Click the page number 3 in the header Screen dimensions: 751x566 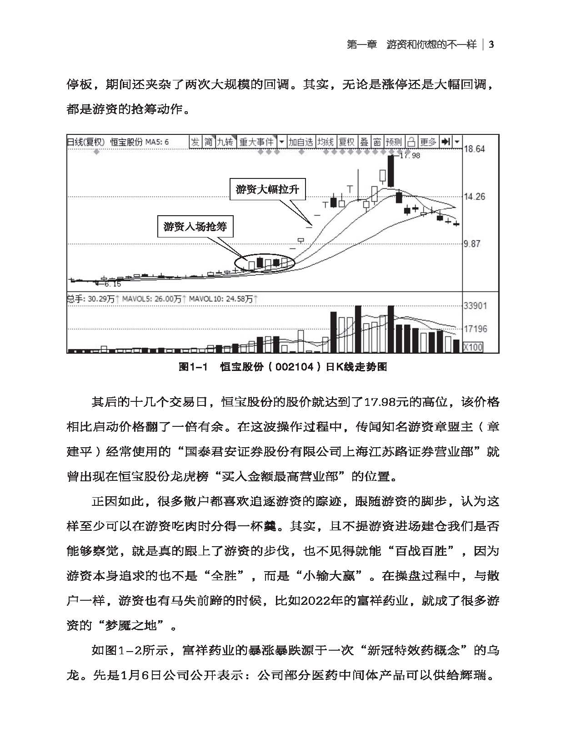(491, 44)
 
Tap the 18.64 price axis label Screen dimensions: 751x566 (474, 149)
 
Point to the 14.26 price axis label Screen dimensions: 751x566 (474, 197)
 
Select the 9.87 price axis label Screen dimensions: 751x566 (472, 244)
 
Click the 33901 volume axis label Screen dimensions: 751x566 (475, 306)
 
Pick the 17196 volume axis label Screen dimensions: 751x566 (475, 328)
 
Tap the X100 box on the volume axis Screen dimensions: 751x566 (473, 347)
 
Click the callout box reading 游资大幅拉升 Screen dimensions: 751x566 (267, 189)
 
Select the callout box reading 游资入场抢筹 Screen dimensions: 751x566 (195, 226)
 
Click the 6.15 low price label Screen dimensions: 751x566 (112, 284)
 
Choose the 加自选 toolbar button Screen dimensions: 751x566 (301, 142)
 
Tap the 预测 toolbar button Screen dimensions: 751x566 (394, 142)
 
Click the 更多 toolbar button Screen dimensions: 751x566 (428, 142)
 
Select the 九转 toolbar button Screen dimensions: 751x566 (225, 142)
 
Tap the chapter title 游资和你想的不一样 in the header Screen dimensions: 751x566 (431, 44)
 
